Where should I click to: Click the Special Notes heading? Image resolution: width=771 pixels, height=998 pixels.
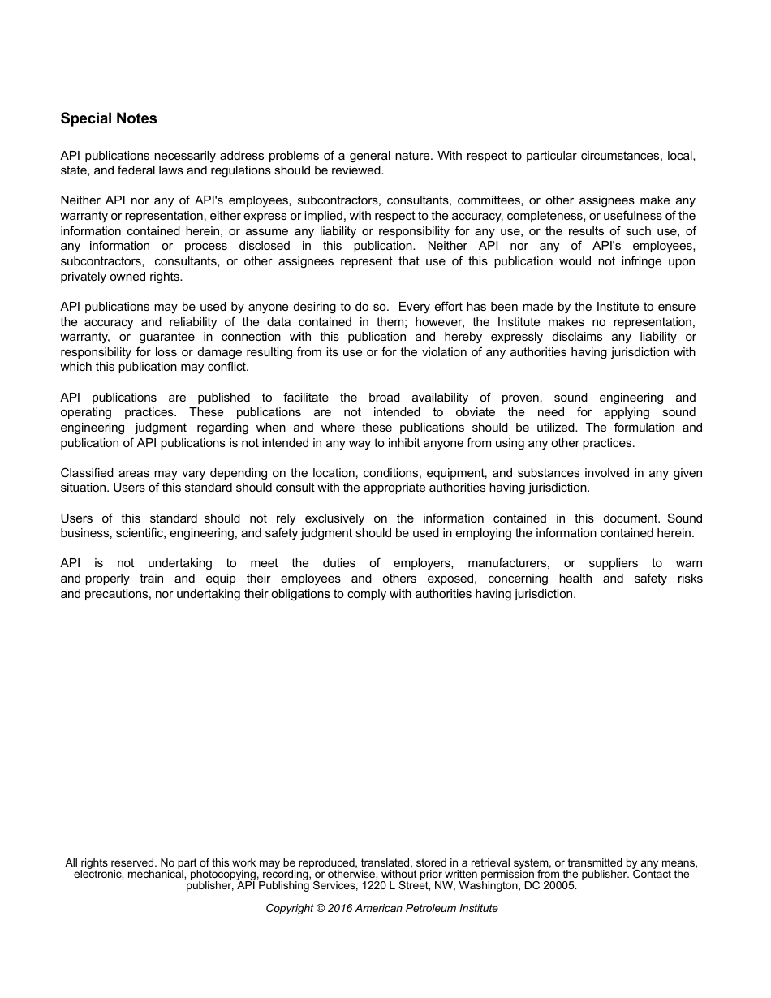(109, 118)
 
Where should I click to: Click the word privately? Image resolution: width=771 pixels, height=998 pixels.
(83, 276)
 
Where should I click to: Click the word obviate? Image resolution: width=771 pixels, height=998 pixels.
(475, 412)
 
